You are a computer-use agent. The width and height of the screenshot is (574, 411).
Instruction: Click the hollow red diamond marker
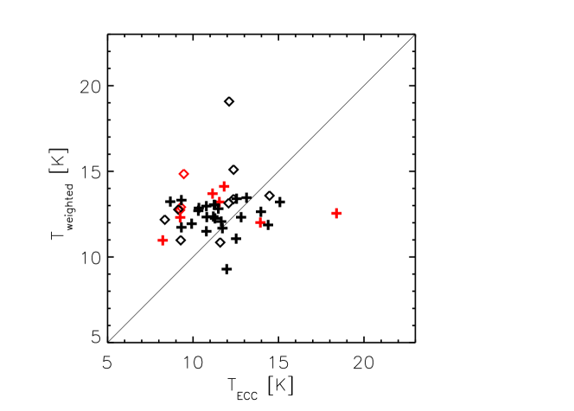[184, 174]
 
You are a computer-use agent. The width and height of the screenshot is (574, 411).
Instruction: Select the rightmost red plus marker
[336, 213]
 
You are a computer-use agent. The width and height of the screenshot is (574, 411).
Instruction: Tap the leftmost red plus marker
[163, 240]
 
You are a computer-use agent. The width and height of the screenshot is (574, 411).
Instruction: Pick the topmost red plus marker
[224, 186]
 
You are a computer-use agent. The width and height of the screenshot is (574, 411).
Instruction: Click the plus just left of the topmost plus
[213, 193]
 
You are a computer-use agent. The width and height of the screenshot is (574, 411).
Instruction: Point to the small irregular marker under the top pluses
[220, 201]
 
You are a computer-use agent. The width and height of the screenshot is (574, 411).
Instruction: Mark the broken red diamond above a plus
[181, 208]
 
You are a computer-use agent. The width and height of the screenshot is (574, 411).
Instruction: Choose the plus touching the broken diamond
[180, 217]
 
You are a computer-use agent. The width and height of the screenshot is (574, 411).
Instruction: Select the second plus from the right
[260, 222]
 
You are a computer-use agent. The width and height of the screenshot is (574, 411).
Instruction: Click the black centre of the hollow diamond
[184, 174]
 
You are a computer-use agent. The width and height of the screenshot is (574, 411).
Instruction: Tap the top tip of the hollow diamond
[184, 169]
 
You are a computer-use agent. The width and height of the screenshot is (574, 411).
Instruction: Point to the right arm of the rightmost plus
[341, 213]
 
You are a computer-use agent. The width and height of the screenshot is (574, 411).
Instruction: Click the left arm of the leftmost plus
[158, 240]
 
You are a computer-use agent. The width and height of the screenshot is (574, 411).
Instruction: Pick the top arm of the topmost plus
[224, 182]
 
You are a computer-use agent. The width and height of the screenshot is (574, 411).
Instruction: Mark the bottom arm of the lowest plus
[163, 244]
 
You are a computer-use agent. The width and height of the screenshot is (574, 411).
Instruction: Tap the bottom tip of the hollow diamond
[184, 179]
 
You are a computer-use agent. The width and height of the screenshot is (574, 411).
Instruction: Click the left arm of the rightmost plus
[332, 213]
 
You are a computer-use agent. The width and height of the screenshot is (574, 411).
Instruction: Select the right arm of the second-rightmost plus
[265, 222]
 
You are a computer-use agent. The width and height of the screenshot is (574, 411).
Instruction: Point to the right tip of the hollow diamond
[189, 174]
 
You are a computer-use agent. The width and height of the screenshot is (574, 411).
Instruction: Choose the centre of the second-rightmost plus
[260, 222]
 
